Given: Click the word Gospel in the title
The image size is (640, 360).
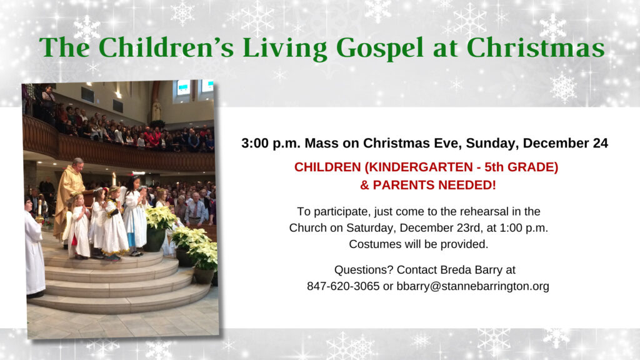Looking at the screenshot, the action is [x=380, y=49].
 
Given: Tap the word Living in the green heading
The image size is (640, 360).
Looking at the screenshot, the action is [x=285, y=49].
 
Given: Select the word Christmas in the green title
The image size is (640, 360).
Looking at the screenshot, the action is [x=536, y=47].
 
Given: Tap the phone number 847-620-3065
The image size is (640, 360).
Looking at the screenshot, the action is [x=343, y=286].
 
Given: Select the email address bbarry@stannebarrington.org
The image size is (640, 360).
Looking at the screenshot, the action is [x=472, y=286].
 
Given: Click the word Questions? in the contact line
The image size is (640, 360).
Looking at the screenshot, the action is [x=364, y=270].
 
